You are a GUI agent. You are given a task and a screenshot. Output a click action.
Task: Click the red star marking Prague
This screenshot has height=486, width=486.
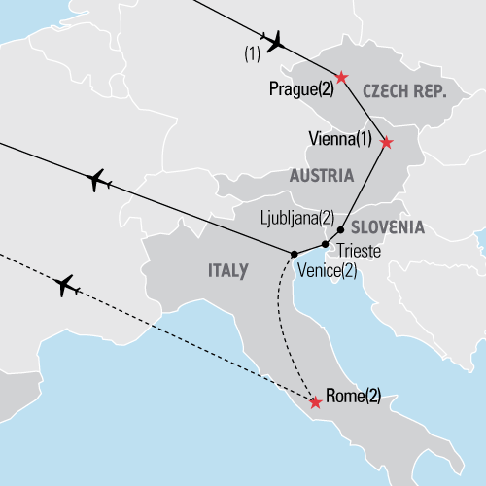341,77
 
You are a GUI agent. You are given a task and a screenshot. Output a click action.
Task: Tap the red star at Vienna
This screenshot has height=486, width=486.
386,142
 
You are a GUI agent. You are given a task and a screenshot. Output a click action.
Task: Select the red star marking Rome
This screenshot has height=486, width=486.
315,401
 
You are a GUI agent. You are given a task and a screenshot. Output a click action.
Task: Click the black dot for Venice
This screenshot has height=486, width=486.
294,254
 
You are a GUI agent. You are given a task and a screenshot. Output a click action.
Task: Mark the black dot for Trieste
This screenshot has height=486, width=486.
325,244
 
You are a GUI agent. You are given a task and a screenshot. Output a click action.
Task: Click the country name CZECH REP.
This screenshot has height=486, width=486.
402,91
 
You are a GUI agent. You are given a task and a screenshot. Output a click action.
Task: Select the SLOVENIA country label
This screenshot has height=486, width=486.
387,227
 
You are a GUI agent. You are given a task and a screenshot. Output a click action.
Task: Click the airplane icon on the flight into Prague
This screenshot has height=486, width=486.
276,41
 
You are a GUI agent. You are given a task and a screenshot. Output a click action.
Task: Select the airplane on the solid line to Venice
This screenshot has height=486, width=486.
99,180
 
